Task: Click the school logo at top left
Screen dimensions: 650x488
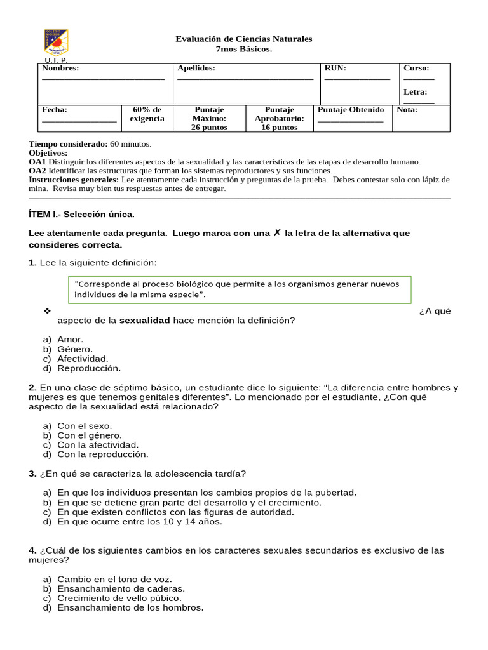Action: (57, 43)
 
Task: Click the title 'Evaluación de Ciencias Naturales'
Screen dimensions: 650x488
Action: (243, 39)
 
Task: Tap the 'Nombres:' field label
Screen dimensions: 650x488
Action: (60, 68)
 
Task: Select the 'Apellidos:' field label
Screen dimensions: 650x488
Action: (196, 68)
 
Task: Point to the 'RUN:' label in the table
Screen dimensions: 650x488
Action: (335, 68)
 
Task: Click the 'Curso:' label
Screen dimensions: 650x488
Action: (416, 68)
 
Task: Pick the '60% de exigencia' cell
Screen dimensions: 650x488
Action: (147, 114)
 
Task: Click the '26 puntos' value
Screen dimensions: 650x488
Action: (209, 128)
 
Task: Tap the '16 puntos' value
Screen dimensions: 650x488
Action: (279, 128)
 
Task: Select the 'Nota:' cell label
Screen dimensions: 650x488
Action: (407, 110)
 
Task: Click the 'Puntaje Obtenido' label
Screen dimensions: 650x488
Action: (351, 110)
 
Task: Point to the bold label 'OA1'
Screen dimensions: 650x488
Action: (37, 162)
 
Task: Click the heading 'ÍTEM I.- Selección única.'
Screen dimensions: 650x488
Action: (82, 215)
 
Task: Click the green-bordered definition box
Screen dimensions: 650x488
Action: (239, 289)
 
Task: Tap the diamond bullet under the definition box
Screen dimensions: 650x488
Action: (46, 311)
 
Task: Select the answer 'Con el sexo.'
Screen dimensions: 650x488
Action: (85, 426)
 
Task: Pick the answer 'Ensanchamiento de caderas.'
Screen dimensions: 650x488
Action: (121, 588)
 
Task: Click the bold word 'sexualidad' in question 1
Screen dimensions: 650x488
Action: (145, 321)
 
